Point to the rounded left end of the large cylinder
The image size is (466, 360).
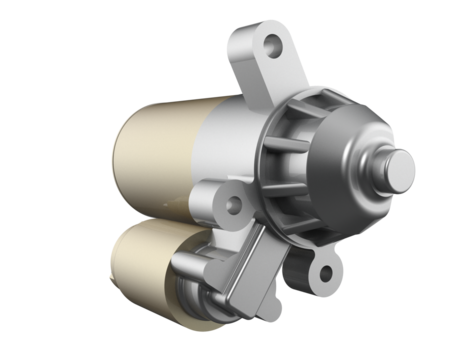click(x=120, y=160)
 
